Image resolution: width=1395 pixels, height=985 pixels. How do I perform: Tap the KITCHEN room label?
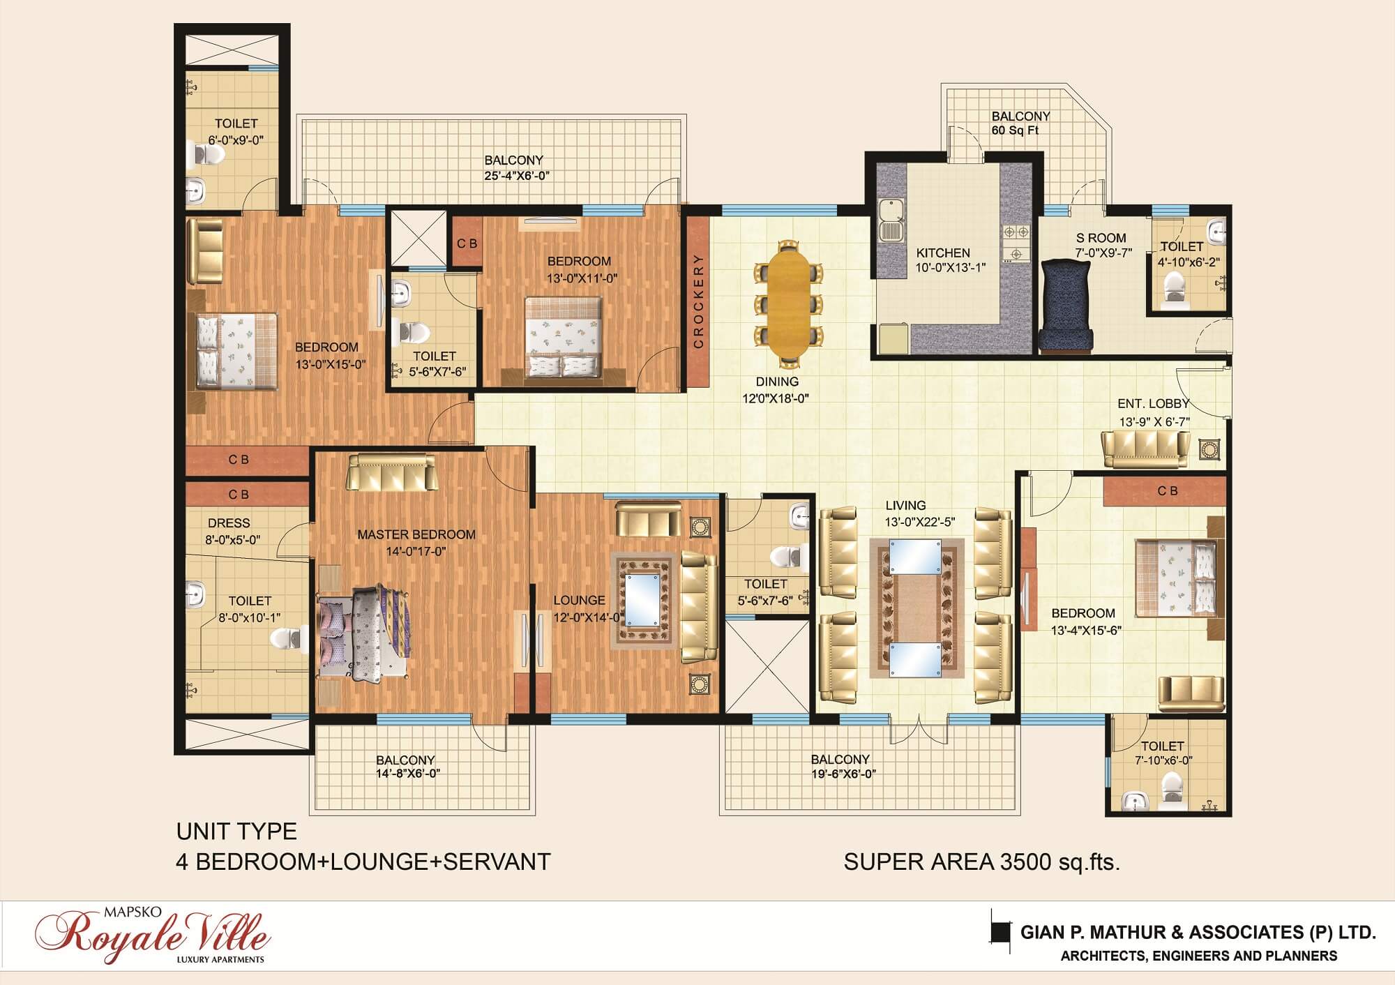[x=943, y=253]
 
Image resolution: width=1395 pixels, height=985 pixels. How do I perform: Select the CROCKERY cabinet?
[x=698, y=302]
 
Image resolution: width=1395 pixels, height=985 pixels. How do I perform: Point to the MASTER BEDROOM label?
[x=416, y=535]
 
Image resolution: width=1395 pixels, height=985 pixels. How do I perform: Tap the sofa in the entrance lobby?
[x=1145, y=449]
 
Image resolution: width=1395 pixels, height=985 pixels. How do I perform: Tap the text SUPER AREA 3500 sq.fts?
[x=982, y=863]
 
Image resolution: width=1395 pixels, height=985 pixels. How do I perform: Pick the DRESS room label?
[x=229, y=523]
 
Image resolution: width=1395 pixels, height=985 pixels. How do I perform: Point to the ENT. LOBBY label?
[x=1154, y=403]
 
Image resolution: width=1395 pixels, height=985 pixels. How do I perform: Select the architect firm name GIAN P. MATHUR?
[x=1127, y=933]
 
